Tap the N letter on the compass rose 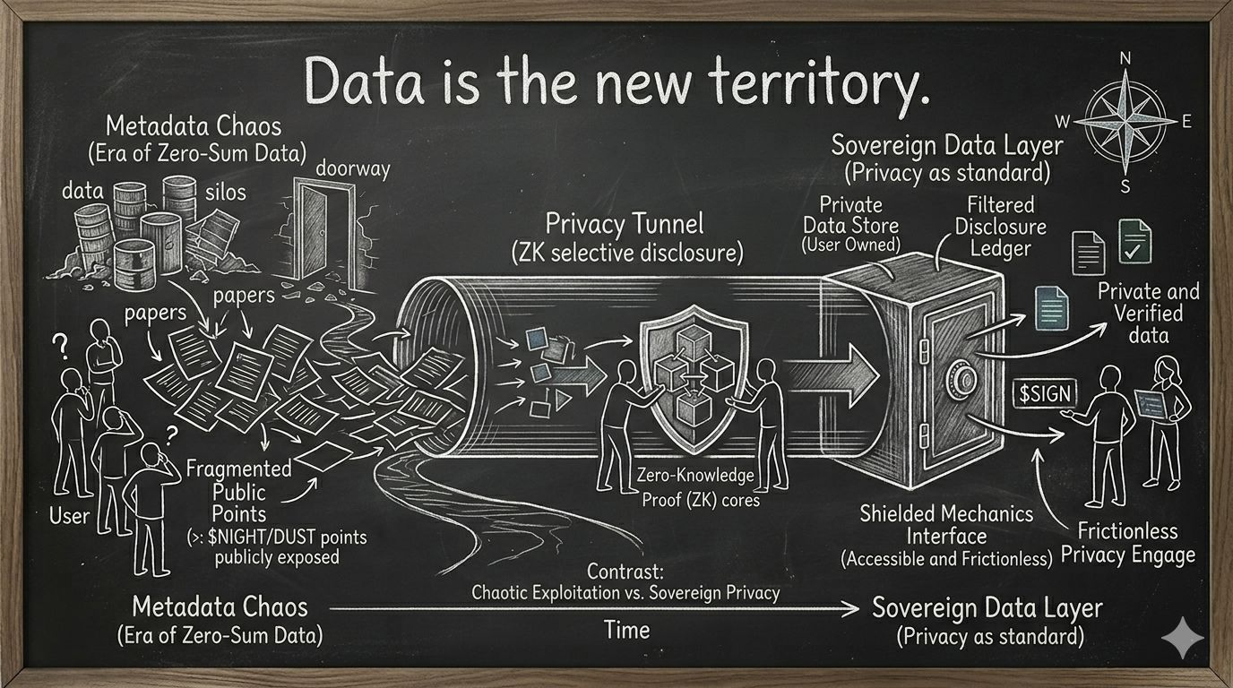[1125, 60]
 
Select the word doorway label [352, 168]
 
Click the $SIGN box [1045, 393]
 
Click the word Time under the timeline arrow [626, 630]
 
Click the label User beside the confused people [69, 515]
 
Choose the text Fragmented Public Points [238, 491]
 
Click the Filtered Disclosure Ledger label [1000, 227]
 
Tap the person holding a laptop [1166, 421]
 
